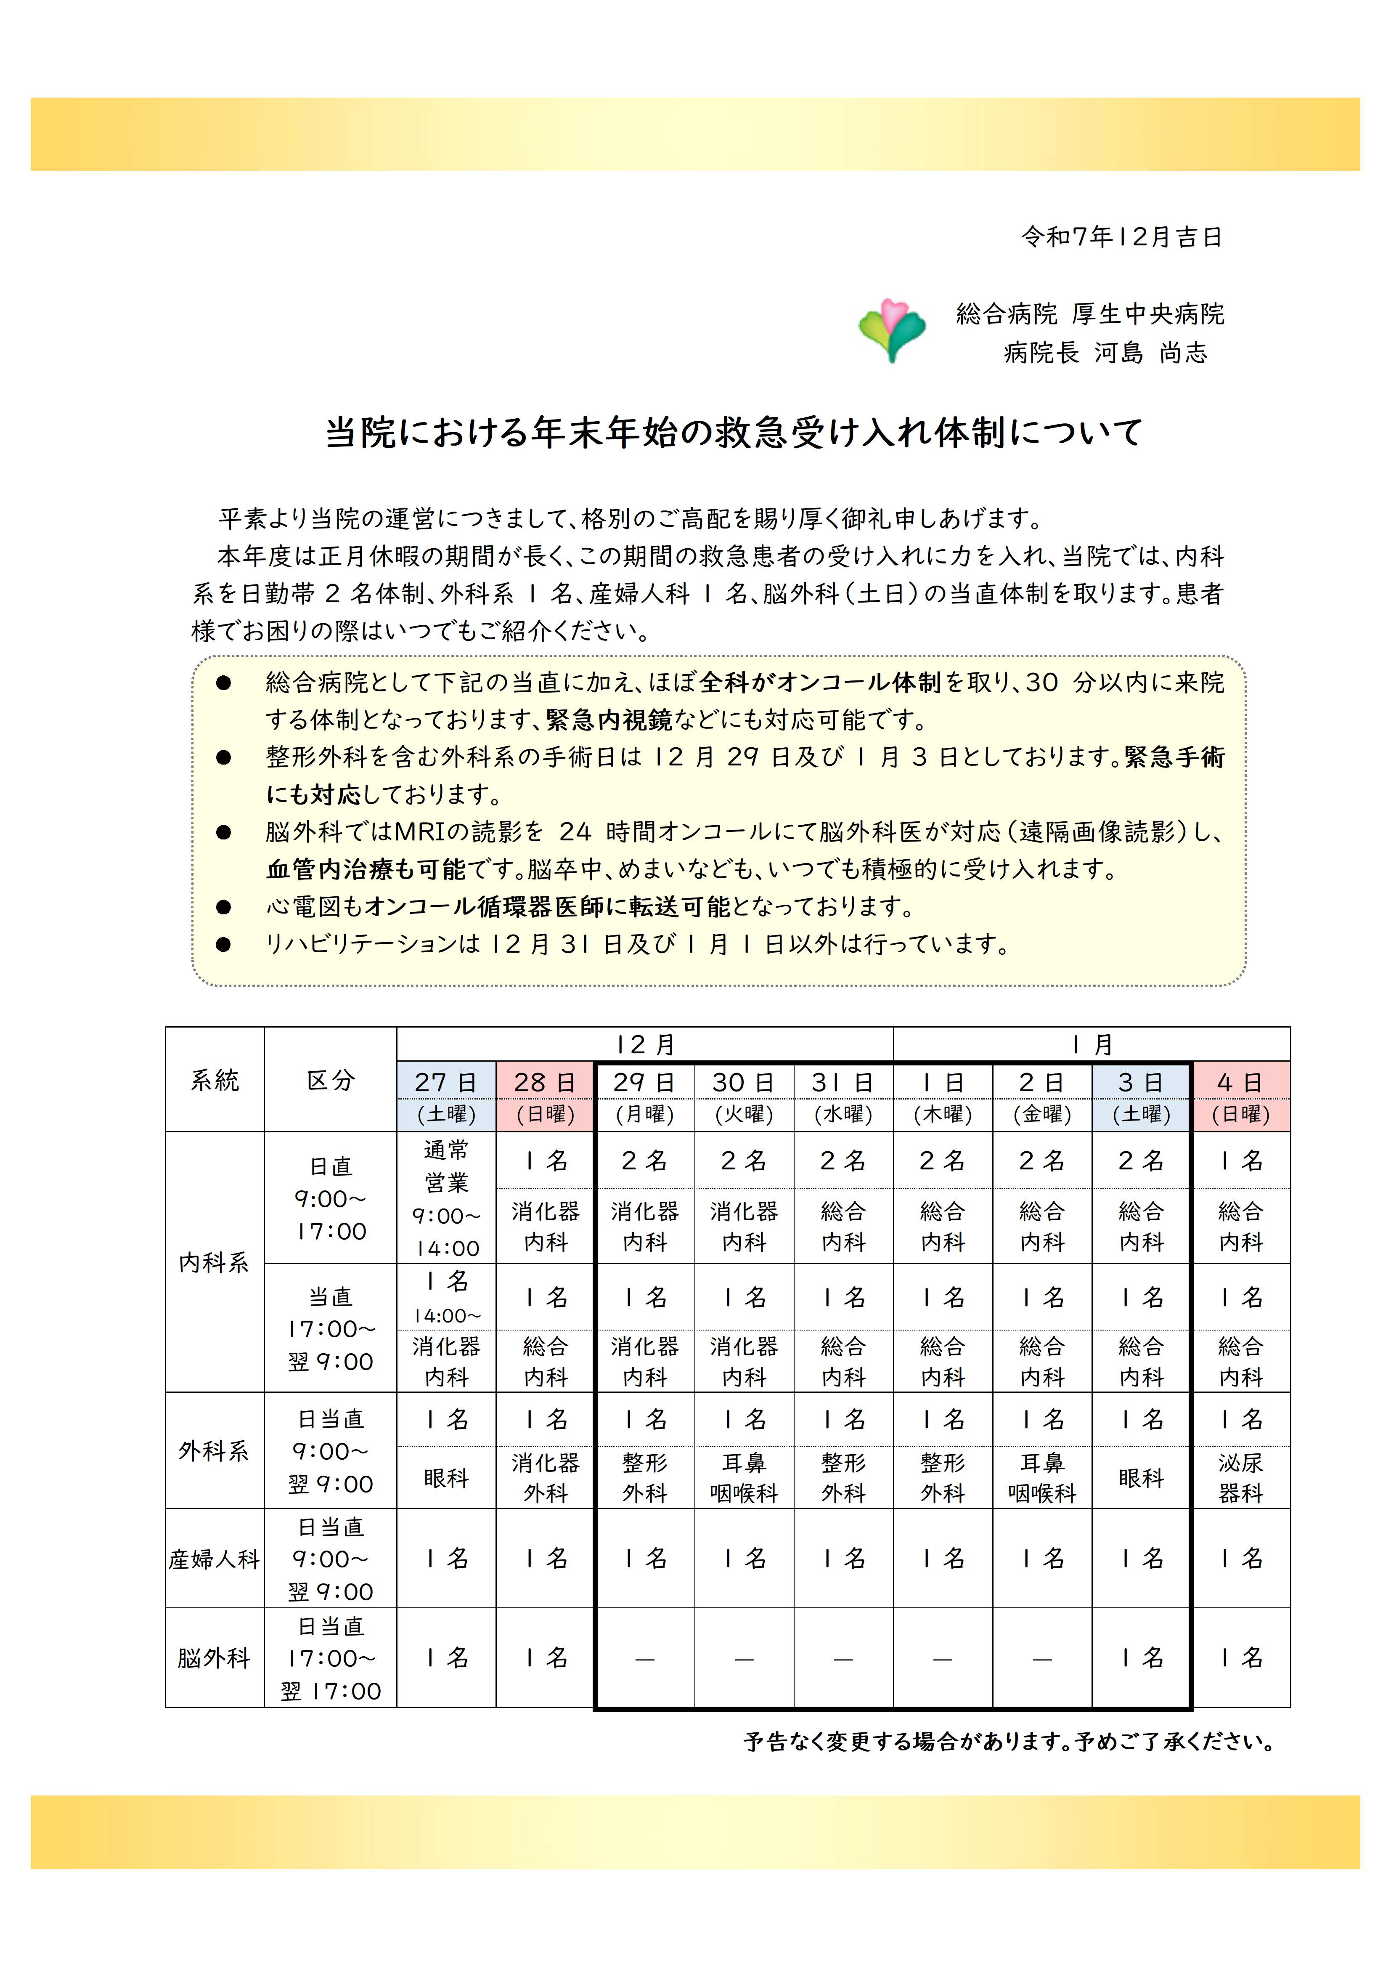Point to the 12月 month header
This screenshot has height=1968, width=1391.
pyautogui.click(x=644, y=1045)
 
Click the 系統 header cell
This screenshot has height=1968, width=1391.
pyautogui.click(x=214, y=1080)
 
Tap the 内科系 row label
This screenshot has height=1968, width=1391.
pyautogui.click(x=214, y=1263)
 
